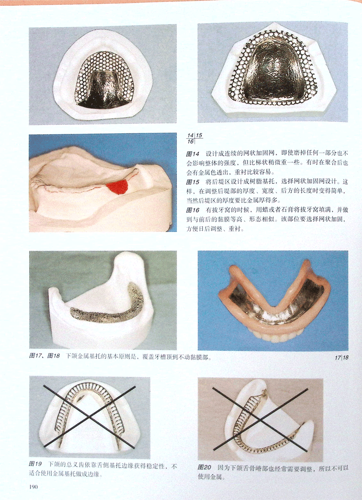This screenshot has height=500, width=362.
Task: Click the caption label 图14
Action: point(192,154)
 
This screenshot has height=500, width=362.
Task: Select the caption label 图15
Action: point(192,182)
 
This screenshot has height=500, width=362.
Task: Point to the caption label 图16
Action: point(192,210)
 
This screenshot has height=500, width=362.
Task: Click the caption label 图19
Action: point(35,464)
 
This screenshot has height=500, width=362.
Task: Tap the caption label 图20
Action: point(204,467)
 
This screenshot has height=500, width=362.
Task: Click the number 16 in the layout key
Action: point(190,141)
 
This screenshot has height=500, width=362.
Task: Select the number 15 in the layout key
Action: point(199,135)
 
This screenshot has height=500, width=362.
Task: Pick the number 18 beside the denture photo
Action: point(346,357)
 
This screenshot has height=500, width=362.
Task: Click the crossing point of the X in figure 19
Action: point(89,417)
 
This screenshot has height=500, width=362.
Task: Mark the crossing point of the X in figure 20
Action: point(260,420)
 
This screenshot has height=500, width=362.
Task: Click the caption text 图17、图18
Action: point(45,355)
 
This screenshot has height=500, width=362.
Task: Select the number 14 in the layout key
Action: point(190,135)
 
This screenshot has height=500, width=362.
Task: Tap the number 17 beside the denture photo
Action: point(338,357)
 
